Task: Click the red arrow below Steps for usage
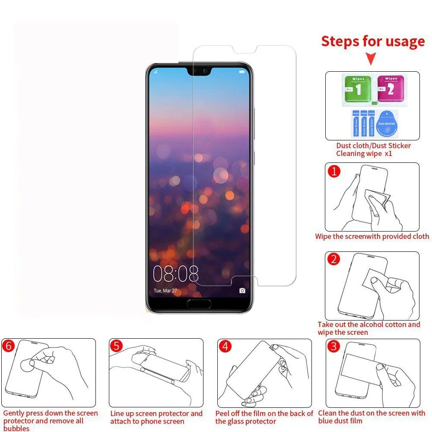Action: point(371,59)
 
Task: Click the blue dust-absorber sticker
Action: point(387,124)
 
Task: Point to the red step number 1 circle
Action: point(334,172)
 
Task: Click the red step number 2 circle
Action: point(334,259)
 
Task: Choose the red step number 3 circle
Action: point(333,346)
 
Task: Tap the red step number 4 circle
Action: point(225,346)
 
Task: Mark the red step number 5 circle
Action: point(116,346)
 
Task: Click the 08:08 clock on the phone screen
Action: point(175,273)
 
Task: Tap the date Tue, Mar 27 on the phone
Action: point(165,291)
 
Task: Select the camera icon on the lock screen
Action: point(242,290)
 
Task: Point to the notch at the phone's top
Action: point(199,70)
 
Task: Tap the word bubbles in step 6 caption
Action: point(16,428)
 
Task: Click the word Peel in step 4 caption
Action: point(223,413)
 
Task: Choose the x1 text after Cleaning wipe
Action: point(388,154)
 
